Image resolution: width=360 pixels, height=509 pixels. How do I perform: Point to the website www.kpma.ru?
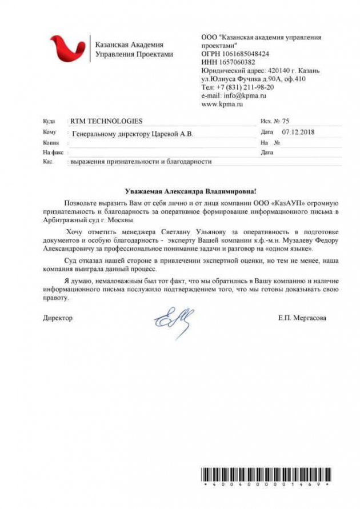(x=223, y=105)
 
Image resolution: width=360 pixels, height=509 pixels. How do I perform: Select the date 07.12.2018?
(x=299, y=132)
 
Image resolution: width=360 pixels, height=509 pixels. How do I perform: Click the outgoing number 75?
(x=286, y=122)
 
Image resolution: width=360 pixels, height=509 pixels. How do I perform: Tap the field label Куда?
(x=49, y=122)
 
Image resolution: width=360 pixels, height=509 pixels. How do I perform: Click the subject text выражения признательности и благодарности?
(x=141, y=162)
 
